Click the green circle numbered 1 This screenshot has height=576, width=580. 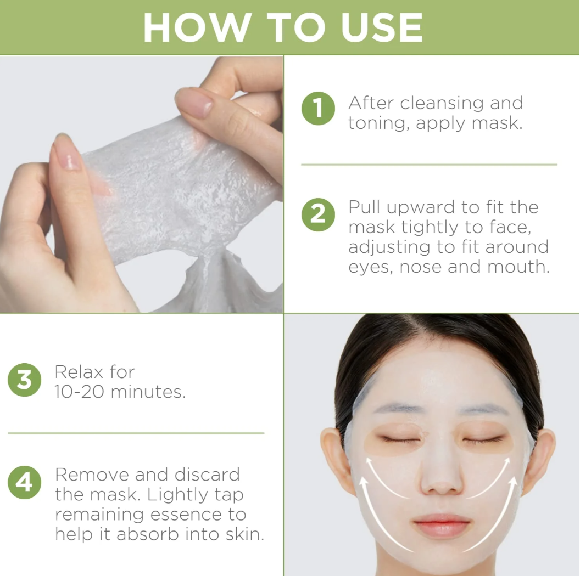[318, 109]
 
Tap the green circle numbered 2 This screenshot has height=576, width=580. [318, 213]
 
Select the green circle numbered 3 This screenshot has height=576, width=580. [24, 380]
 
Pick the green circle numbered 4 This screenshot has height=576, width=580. [24, 483]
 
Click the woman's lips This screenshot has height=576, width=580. [442, 525]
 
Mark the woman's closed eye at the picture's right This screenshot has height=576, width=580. [483, 439]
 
